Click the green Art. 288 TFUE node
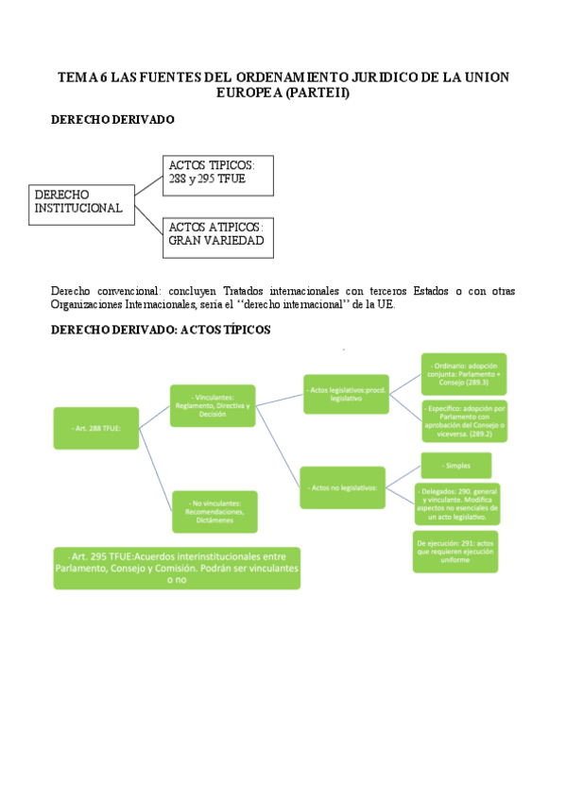tap(95, 428)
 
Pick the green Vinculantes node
tap(213, 405)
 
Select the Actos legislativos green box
tap(346, 393)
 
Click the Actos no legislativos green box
tap(342, 487)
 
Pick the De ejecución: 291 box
tap(455, 551)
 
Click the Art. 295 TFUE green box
tap(177, 568)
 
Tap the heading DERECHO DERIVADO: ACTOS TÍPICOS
tap(161, 329)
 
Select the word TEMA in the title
tap(77, 77)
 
